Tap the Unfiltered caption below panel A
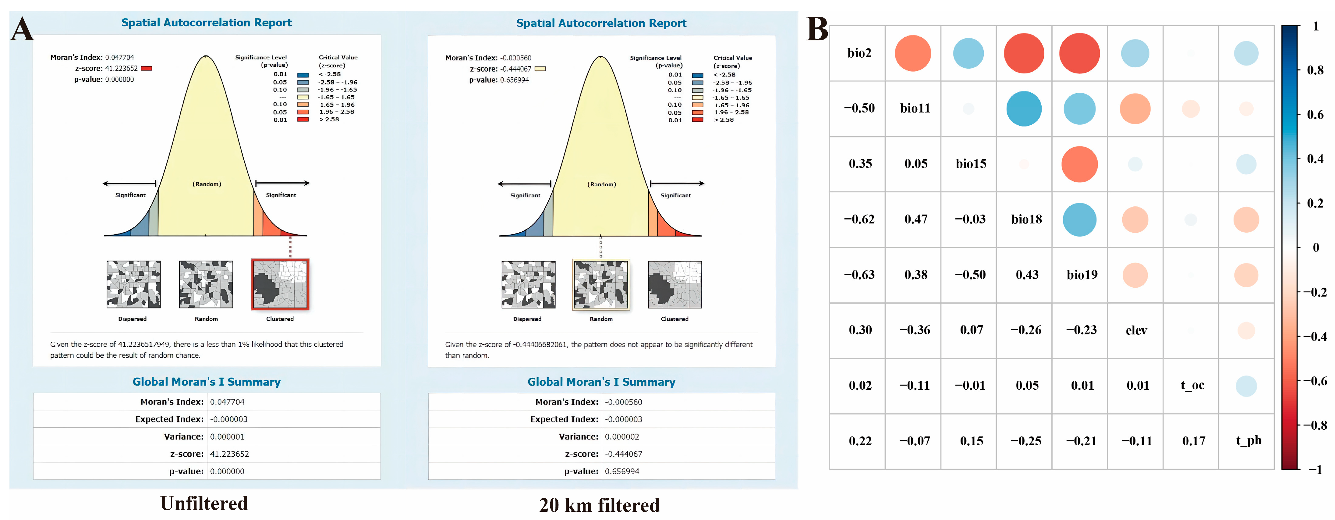tap(204, 503)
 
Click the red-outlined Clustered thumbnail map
tap(280, 284)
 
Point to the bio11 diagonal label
tap(915, 108)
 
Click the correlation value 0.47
tap(916, 219)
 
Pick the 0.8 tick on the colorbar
tap(1315, 70)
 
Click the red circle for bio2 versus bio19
tap(1079, 53)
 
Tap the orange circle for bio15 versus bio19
tap(1079, 164)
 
